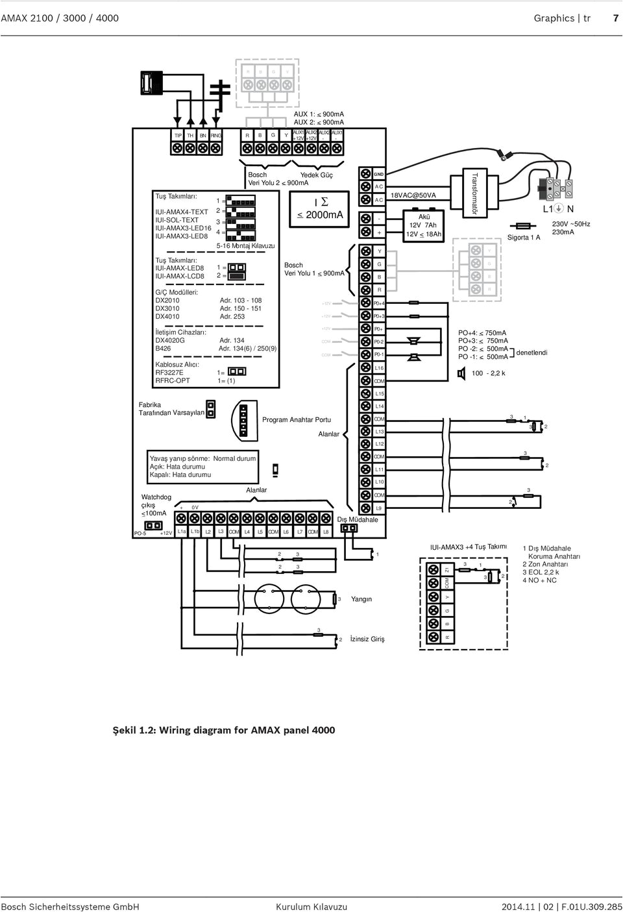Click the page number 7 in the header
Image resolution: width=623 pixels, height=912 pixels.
616,18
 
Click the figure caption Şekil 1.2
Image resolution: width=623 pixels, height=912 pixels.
224,730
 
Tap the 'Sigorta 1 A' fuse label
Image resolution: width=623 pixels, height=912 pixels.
524,238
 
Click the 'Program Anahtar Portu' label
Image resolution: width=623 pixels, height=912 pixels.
296,420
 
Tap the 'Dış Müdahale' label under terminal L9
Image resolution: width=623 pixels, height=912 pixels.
357,519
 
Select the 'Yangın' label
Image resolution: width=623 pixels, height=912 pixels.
361,599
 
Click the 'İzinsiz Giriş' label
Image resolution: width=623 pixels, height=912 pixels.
367,639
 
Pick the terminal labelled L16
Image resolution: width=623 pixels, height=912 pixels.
379,368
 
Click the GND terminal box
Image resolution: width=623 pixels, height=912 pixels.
379,175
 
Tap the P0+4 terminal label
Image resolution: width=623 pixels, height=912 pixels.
379,303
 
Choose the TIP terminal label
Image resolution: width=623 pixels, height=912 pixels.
178,135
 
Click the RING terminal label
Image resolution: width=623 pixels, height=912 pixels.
215,135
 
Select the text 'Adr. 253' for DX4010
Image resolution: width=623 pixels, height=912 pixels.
232,317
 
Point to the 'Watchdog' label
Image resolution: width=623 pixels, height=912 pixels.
156,497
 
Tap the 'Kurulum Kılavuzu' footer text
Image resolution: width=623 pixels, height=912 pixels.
311,907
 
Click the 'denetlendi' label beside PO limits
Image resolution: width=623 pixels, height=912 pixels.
531,352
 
